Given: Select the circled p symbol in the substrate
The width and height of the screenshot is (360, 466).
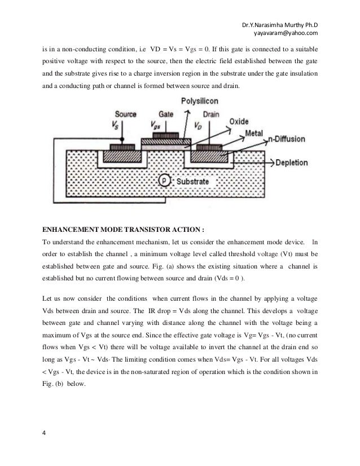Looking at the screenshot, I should pos(164,182).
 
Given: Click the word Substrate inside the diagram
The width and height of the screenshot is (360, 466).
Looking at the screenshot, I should pos(193,182).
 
